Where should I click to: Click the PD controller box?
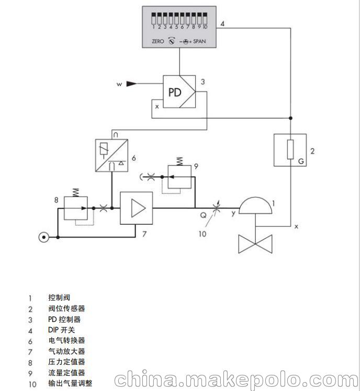tap(179, 92)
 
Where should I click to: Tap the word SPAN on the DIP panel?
tap(199, 41)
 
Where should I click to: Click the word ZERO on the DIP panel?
tap(157, 41)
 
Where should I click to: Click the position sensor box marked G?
tap(290, 150)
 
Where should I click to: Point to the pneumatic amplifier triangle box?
tap(137, 208)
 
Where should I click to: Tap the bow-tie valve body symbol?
tap(255, 244)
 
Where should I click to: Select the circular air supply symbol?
tap(43, 237)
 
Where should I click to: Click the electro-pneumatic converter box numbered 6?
tap(111, 156)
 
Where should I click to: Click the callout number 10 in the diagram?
tap(201, 234)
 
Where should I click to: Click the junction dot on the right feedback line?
tap(290, 118)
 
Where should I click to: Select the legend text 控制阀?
tap(59, 297)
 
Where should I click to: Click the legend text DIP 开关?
tap(61, 330)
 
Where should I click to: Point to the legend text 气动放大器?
tap(66, 351)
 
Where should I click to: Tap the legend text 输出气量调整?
tap(70, 383)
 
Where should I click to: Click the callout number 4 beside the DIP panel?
tap(222, 24)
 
